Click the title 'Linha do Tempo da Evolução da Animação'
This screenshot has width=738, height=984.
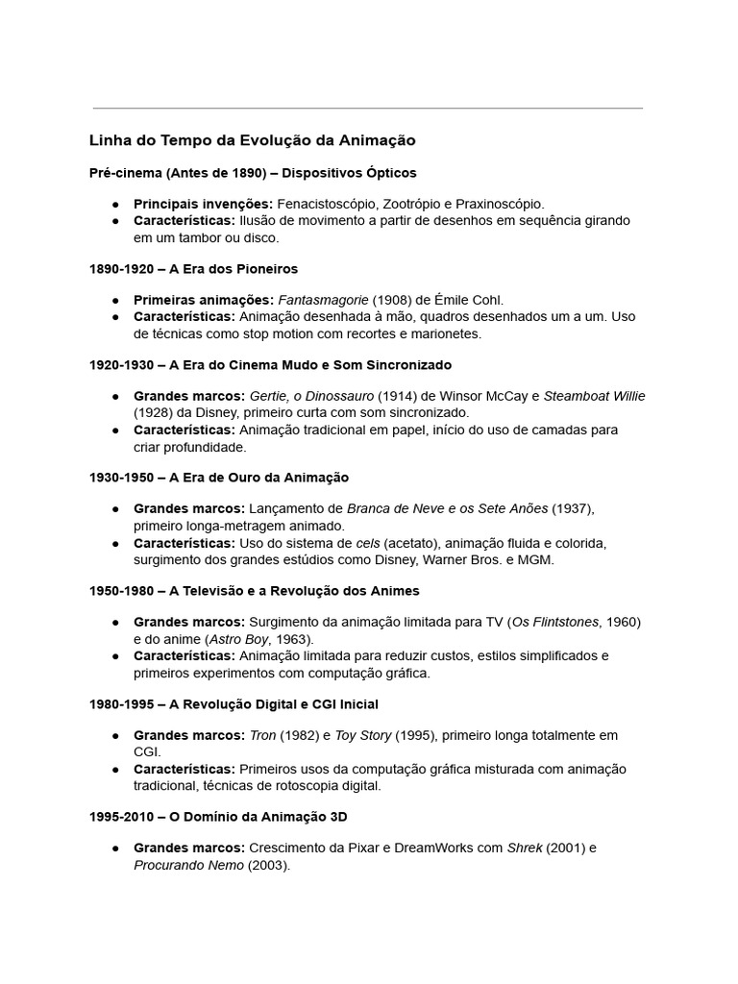point(252,140)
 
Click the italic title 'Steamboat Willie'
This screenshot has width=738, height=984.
point(595,396)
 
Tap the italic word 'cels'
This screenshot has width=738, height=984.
point(368,543)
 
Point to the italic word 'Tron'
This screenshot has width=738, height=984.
point(262,735)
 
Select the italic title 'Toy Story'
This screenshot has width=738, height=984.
point(363,735)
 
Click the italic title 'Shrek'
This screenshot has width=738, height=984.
point(525,848)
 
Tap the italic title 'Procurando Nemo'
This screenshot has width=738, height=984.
point(188,865)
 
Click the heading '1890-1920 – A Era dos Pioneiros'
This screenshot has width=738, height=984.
point(194,269)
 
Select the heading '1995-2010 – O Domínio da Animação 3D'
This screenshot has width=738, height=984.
point(218,817)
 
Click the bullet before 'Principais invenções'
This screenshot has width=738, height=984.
point(115,205)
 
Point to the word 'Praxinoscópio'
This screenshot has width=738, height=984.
point(501,204)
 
